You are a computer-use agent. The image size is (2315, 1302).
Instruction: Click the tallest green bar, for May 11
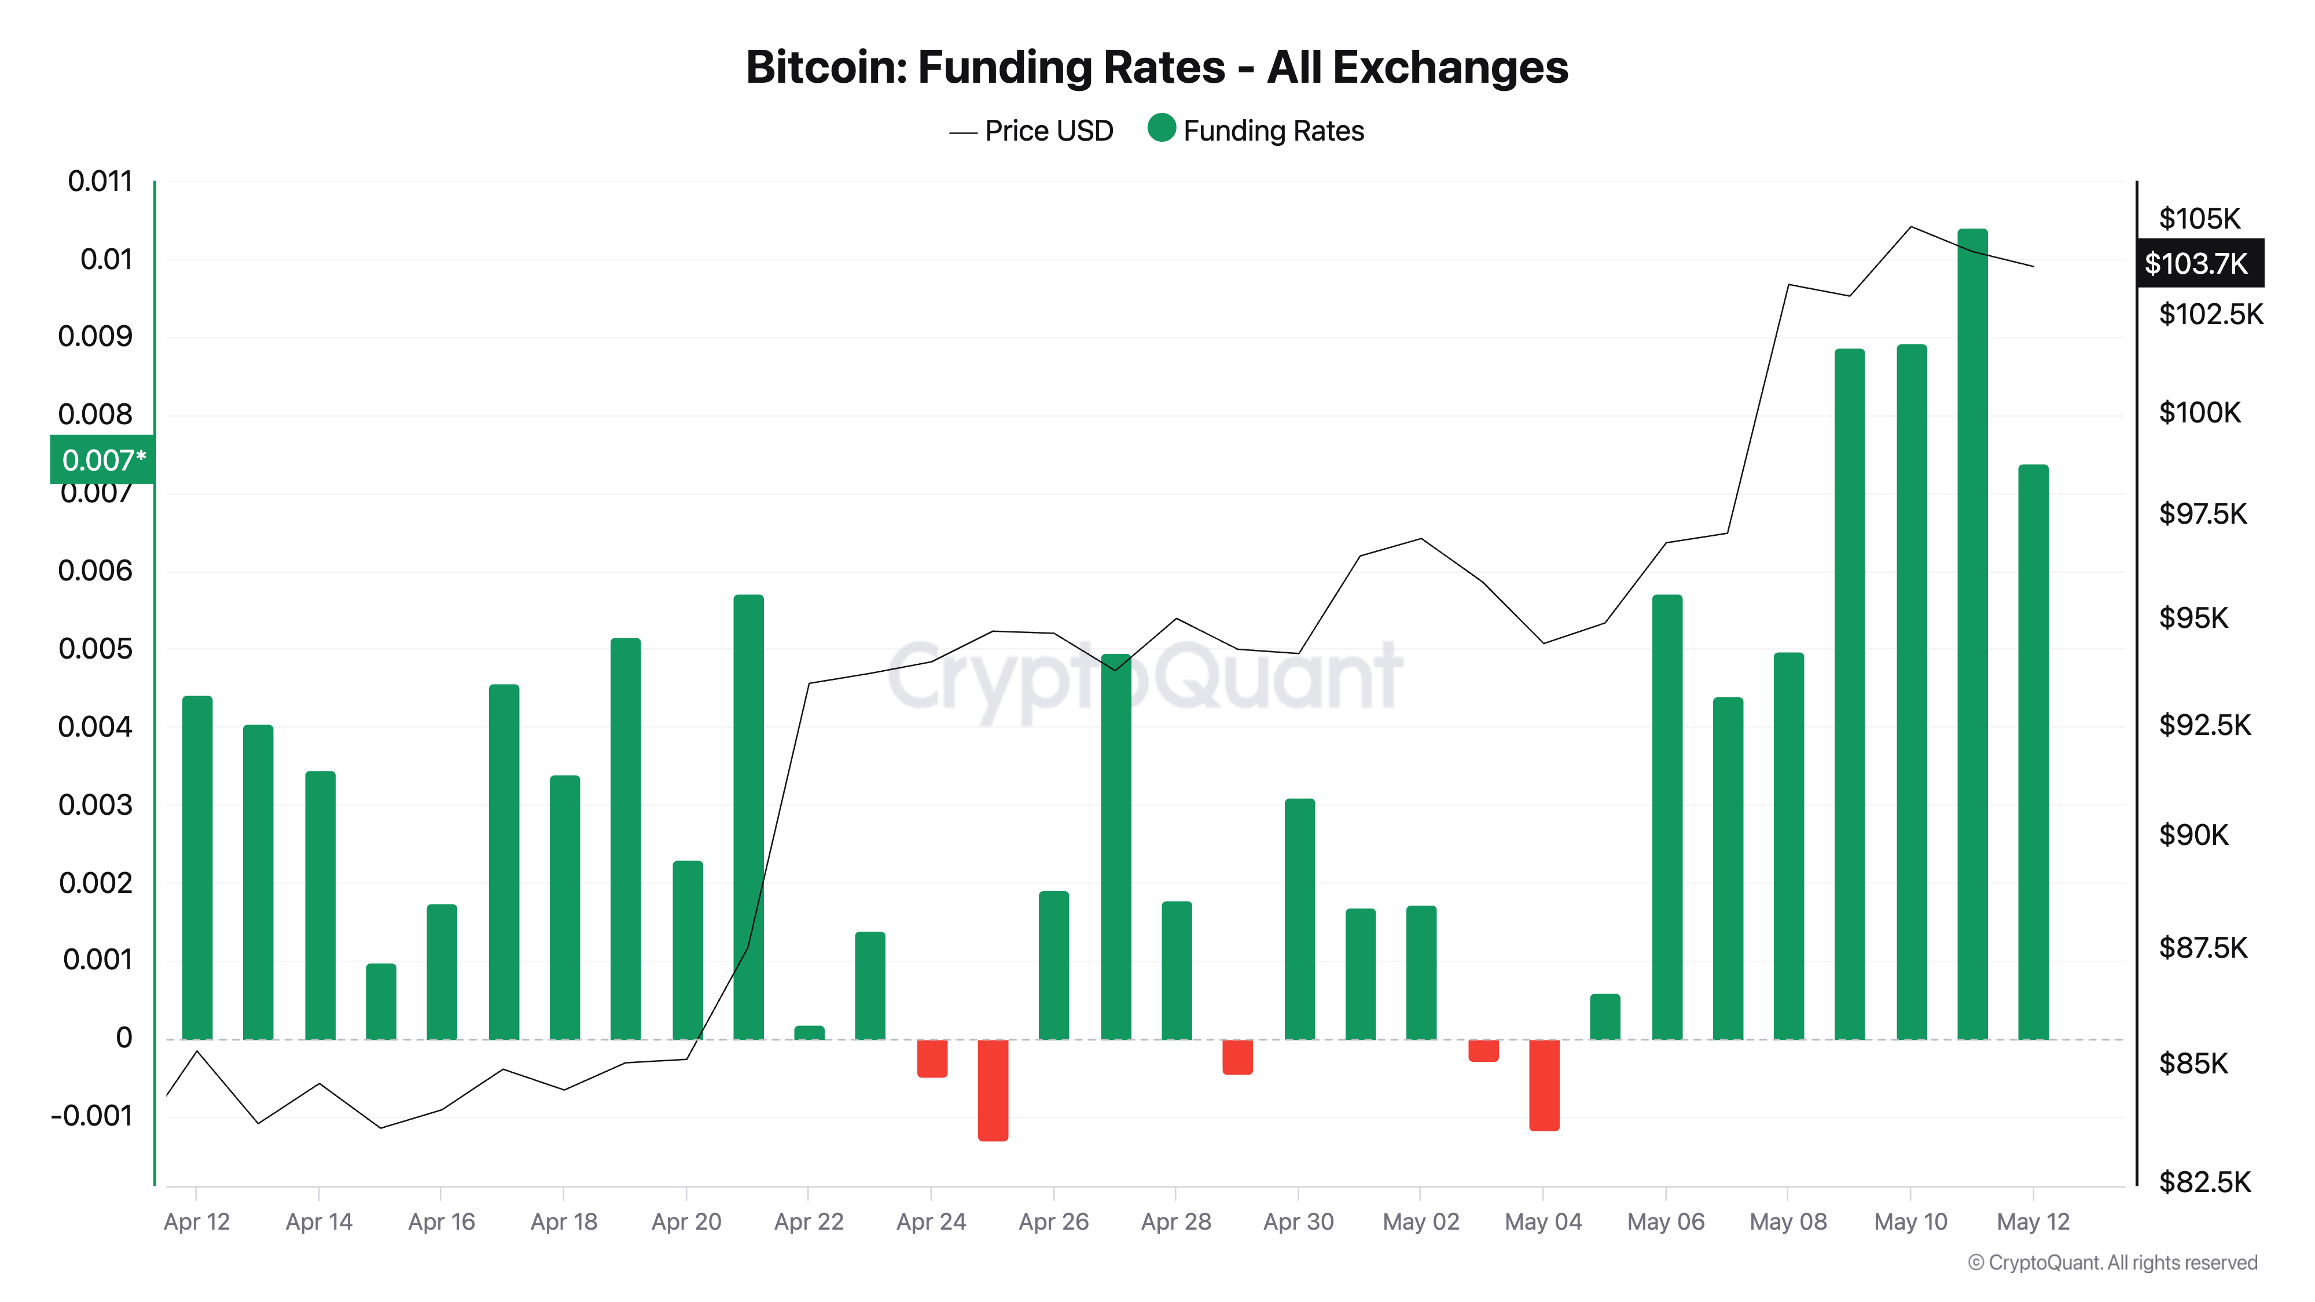click(1972, 634)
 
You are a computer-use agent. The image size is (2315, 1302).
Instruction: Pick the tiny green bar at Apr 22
click(809, 1032)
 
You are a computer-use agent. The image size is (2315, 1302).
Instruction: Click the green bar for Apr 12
click(197, 867)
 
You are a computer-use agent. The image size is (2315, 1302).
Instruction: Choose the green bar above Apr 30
click(1299, 918)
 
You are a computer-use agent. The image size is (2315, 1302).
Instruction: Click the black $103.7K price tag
click(2198, 263)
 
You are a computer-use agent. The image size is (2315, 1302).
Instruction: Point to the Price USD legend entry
click(1032, 131)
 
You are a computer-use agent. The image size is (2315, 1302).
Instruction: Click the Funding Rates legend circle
click(1161, 128)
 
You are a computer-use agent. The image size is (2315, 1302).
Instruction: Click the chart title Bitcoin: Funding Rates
click(1156, 67)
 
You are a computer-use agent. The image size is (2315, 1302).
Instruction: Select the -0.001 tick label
click(91, 1116)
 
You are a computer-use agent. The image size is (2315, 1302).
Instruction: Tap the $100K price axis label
click(2199, 413)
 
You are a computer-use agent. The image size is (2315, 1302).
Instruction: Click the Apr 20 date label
click(686, 1222)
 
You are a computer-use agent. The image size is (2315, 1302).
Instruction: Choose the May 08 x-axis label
click(1788, 1222)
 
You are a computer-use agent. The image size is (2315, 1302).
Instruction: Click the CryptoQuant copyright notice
click(2112, 1263)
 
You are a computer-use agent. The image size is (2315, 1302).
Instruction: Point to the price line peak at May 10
click(1910, 227)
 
